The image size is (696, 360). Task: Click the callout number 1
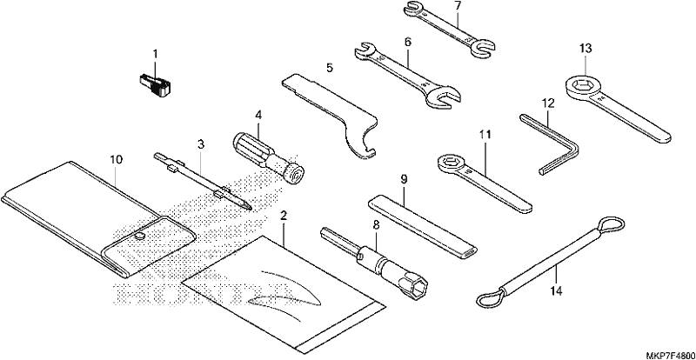pyautogui.click(x=155, y=54)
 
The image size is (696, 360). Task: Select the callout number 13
pyautogui.click(x=586, y=49)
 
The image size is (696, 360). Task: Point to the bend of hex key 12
pyautogui.click(x=572, y=146)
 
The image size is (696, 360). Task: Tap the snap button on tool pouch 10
pyautogui.click(x=140, y=237)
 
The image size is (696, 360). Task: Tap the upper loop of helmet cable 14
pyautogui.click(x=611, y=225)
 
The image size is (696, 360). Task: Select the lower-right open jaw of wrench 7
pyautogui.click(x=484, y=48)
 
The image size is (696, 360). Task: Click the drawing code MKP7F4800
pyautogui.click(x=669, y=356)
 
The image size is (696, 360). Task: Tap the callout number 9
pyautogui.click(x=404, y=179)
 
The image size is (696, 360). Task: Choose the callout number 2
pyautogui.click(x=284, y=217)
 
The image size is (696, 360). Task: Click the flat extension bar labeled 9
pyautogui.click(x=423, y=227)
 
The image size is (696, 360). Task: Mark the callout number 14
pyautogui.click(x=556, y=291)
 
